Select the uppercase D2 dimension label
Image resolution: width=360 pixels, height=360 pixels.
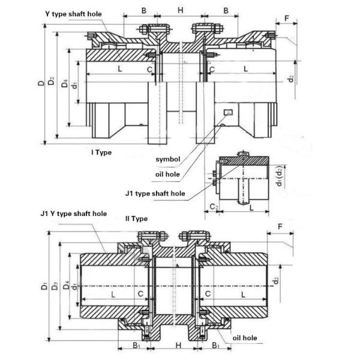tap(52, 80)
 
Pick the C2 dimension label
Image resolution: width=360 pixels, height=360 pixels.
tap(214, 207)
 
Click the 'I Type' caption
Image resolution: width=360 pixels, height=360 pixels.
tap(101, 152)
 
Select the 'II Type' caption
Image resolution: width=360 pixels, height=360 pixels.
tap(136, 219)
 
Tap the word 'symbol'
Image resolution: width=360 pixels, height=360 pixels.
tap(168, 160)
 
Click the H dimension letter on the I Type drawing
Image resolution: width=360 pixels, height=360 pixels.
tap(180, 10)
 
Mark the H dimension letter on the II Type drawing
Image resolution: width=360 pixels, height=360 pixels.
tap(178, 347)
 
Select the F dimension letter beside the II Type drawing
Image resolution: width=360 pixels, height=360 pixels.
tap(281, 227)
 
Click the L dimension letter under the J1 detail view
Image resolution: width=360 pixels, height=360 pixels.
tap(251, 207)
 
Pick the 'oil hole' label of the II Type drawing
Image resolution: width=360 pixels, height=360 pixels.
tap(245, 338)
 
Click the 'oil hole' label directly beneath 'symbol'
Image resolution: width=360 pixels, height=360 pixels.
tap(168, 175)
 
